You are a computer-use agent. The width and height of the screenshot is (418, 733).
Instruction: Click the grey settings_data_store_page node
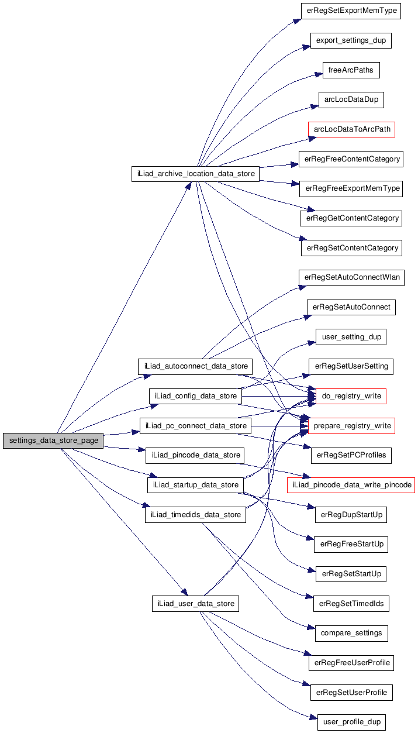pyautogui.click(x=53, y=441)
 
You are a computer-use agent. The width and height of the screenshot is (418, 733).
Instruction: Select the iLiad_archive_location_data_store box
pyautogui.click(x=195, y=174)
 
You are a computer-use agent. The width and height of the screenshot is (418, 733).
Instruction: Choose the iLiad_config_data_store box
pyautogui.click(x=195, y=396)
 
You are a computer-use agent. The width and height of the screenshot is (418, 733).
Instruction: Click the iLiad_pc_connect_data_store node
pyautogui.click(x=195, y=425)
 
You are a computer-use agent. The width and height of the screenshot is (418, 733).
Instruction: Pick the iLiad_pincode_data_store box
pyautogui.click(x=194, y=455)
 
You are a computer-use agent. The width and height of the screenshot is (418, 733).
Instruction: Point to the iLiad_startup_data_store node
pyautogui.click(x=195, y=485)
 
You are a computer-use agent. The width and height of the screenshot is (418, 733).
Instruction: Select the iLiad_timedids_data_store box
pyautogui.click(x=195, y=515)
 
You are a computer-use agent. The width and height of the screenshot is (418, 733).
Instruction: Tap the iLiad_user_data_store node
pyautogui.click(x=195, y=604)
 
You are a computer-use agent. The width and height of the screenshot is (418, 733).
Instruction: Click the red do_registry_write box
pyautogui.click(x=351, y=396)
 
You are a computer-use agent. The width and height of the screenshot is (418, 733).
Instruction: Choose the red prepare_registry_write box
pyautogui.click(x=351, y=425)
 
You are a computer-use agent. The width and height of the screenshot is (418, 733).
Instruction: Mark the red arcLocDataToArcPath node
pyautogui.click(x=351, y=129)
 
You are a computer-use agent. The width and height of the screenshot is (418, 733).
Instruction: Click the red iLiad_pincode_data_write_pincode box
pyautogui.click(x=351, y=485)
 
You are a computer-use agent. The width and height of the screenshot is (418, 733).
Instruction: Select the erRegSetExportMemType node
pyautogui.click(x=351, y=11)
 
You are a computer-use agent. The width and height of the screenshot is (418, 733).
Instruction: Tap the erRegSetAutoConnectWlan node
pyautogui.click(x=351, y=277)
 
